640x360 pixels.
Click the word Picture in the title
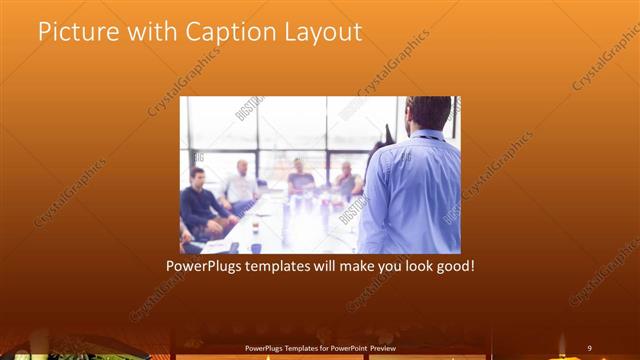coord(73,32)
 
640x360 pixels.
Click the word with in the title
coord(148,32)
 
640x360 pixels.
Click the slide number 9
coord(589,348)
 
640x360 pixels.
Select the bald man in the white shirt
coord(241,186)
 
